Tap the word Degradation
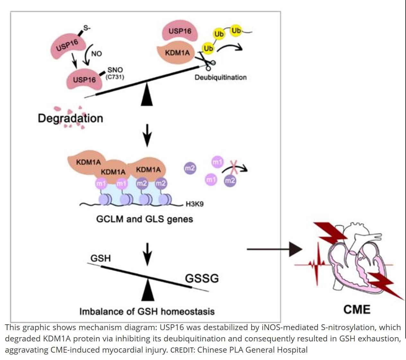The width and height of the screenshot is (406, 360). click(x=70, y=118)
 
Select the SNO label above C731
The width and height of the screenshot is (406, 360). click(x=115, y=70)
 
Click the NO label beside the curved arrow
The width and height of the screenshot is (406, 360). click(x=96, y=54)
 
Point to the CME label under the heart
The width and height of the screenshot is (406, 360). click(x=357, y=309)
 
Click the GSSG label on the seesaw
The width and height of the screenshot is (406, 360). click(x=202, y=278)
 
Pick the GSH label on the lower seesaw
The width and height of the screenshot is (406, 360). click(x=101, y=258)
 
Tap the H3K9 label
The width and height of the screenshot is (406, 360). click(x=194, y=204)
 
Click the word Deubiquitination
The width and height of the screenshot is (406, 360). click(x=221, y=77)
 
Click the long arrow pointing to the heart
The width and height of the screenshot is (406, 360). click(x=275, y=249)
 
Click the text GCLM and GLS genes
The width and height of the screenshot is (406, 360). click(x=145, y=219)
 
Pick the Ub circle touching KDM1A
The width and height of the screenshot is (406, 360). click(x=208, y=49)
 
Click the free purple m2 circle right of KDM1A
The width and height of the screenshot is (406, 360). click(x=190, y=168)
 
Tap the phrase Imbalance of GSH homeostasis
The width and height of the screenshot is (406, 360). click(x=147, y=311)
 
